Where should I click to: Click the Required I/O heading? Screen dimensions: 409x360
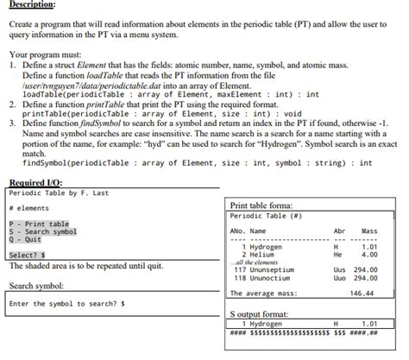[35, 182]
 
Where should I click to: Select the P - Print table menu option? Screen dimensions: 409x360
[40, 224]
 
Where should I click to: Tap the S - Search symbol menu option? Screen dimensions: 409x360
[42, 231]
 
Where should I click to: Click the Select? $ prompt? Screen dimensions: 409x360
[27, 255]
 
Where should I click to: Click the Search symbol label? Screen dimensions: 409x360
[37, 285]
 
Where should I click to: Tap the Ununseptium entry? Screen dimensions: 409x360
[275, 269]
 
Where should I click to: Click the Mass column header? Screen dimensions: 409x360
[369, 231]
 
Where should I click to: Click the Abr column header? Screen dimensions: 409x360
[340, 231]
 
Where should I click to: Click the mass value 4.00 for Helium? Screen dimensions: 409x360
[370, 255]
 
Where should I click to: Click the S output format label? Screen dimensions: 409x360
[262, 315]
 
